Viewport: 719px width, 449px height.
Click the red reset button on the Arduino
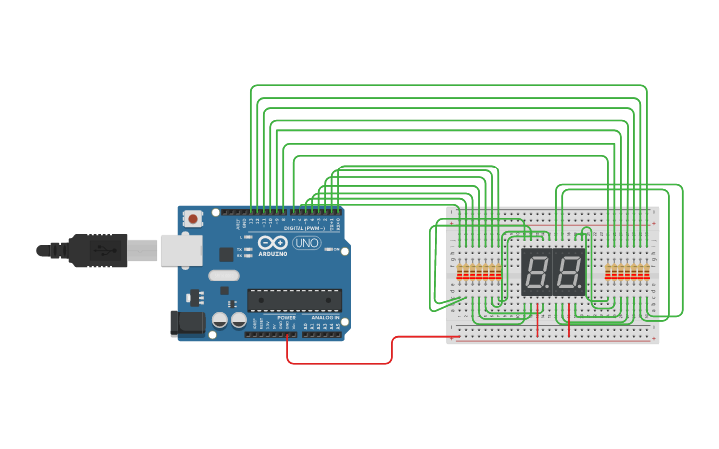point(194,217)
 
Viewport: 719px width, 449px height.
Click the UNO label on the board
point(306,243)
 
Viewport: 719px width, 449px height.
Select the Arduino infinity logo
point(272,243)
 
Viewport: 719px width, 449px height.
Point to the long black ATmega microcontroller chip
point(295,300)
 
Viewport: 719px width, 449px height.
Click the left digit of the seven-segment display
point(537,272)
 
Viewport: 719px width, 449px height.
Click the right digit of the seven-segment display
point(568,272)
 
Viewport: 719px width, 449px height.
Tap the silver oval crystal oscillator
point(224,276)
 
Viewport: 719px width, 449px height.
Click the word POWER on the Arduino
point(286,317)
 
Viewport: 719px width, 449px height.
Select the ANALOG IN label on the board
point(324,317)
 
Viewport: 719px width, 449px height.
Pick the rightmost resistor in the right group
point(647,271)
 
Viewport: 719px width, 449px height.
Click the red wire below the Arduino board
point(337,363)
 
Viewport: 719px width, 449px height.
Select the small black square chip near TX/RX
point(227,254)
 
